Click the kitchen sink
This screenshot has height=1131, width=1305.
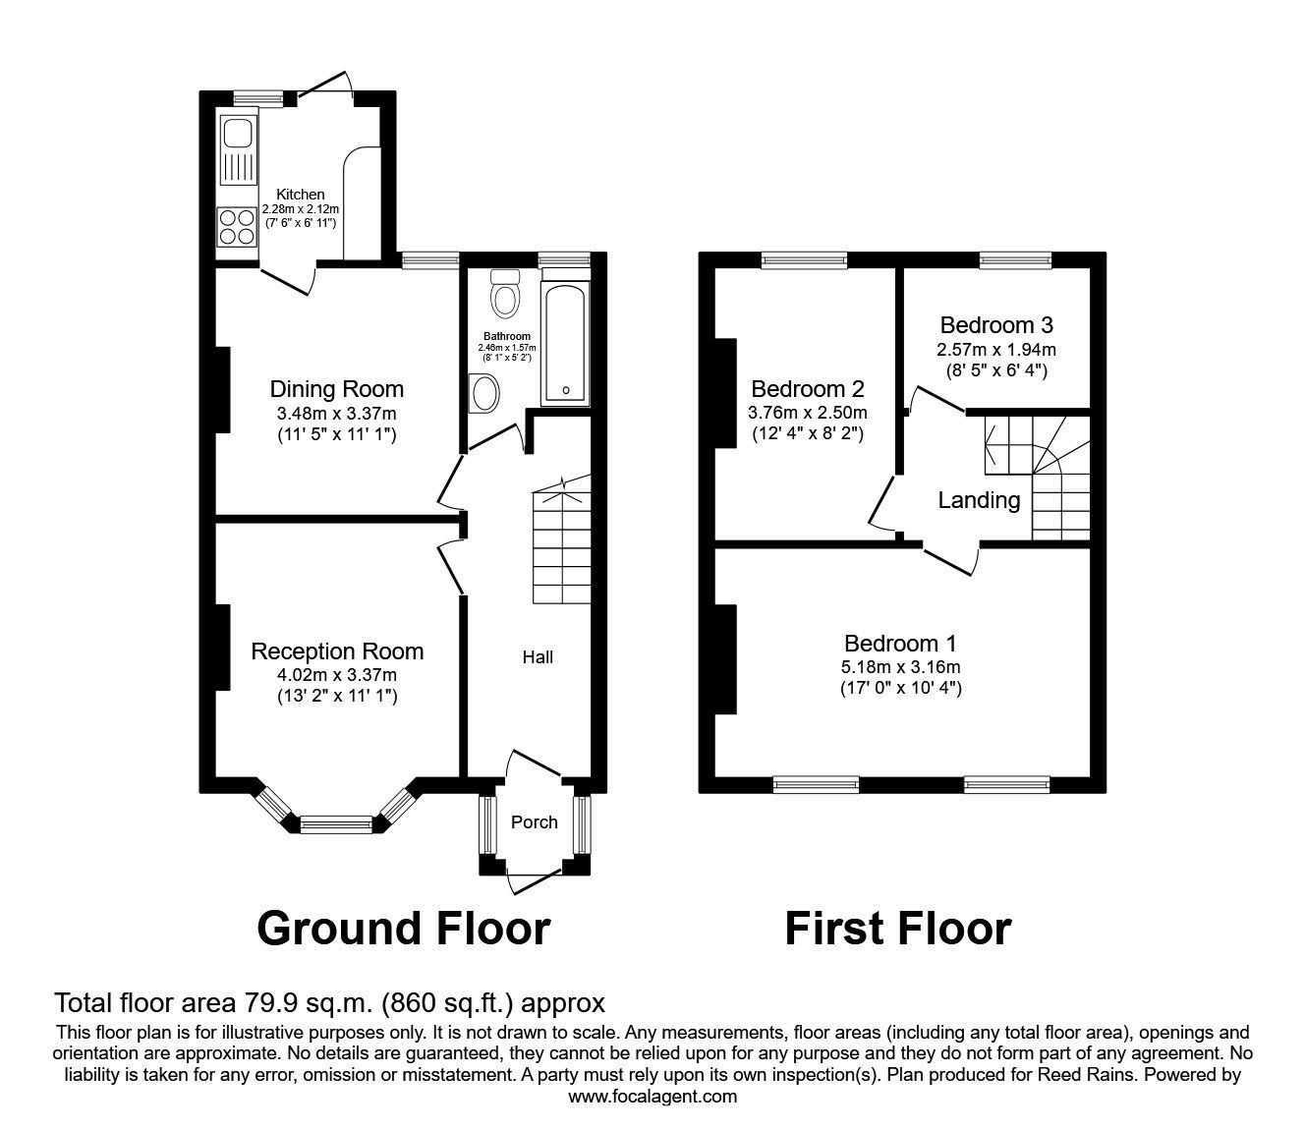click(237, 150)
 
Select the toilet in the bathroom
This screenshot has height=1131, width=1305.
click(506, 294)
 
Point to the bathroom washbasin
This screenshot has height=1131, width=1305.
click(484, 395)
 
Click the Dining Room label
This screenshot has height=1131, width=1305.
click(337, 389)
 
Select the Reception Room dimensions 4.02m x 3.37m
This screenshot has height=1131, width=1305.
click(337, 674)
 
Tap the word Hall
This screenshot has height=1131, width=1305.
click(538, 656)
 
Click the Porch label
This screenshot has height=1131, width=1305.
click(535, 821)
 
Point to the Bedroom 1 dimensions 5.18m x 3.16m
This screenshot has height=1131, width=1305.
click(901, 667)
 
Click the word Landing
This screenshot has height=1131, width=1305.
click(979, 500)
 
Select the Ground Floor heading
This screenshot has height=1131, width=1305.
click(403, 928)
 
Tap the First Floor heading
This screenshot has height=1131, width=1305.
click(897, 928)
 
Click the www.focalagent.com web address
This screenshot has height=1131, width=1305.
click(652, 1097)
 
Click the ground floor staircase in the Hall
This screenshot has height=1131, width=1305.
click(561, 546)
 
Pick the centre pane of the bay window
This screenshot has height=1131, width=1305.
click(336, 823)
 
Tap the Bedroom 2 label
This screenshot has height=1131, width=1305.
click(808, 389)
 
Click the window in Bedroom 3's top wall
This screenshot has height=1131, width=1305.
click(1015, 260)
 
